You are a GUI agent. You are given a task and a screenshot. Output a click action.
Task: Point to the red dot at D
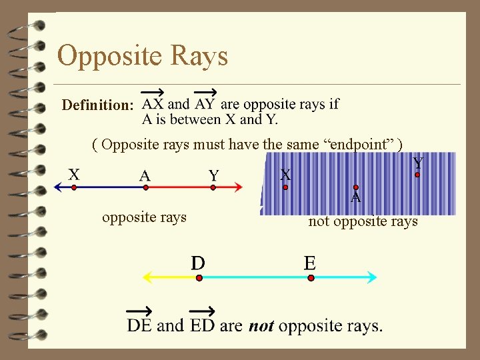[199, 277]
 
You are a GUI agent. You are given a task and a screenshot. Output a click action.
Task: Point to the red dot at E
[311, 277]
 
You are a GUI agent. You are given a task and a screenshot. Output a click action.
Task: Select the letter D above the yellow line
[198, 262]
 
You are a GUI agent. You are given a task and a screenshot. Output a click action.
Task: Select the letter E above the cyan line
[310, 262]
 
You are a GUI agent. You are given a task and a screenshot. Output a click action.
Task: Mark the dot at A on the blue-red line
[145, 188]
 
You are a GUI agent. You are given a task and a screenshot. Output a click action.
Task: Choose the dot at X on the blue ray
[74, 188]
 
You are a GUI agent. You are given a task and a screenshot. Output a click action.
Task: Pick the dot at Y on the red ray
[213, 188]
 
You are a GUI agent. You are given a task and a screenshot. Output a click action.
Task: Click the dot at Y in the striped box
[417, 175]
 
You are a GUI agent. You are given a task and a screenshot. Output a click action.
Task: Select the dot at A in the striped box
[356, 187]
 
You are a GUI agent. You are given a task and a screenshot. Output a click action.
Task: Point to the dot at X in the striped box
[285, 187]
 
